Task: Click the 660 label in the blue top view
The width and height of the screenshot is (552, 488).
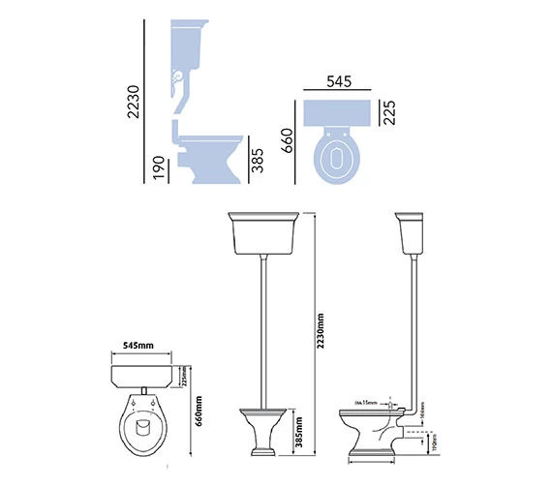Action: pyautogui.click(x=288, y=143)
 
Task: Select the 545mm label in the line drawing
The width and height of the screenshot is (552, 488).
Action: pyautogui.click(x=138, y=345)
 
